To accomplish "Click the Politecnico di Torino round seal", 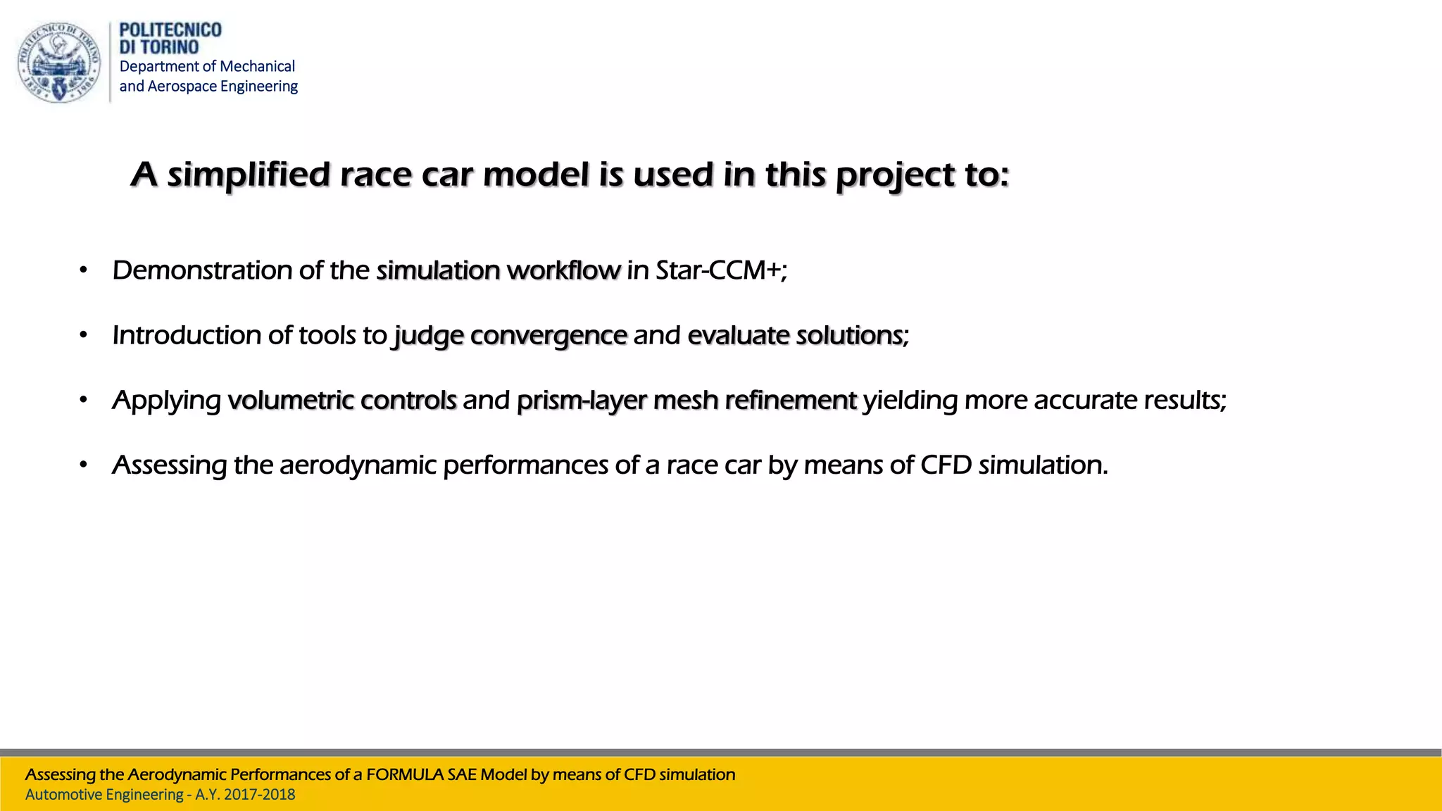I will point(59,63).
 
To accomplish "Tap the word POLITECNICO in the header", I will point(170,30).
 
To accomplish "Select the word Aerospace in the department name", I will point(182,86).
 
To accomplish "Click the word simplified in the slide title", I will point(249,175).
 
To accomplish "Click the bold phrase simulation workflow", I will point(498,270).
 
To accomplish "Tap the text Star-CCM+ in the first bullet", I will point(718,270).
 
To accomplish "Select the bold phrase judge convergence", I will point(510,336).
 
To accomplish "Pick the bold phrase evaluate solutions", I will point(795,336).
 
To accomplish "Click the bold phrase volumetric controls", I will point(342,401).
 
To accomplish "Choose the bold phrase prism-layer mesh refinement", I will point(686,401).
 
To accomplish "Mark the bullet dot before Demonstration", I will point(83,270).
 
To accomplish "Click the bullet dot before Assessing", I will point(83,465).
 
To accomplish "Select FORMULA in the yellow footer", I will point(410,775).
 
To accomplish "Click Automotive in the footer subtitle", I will point(69,795).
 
